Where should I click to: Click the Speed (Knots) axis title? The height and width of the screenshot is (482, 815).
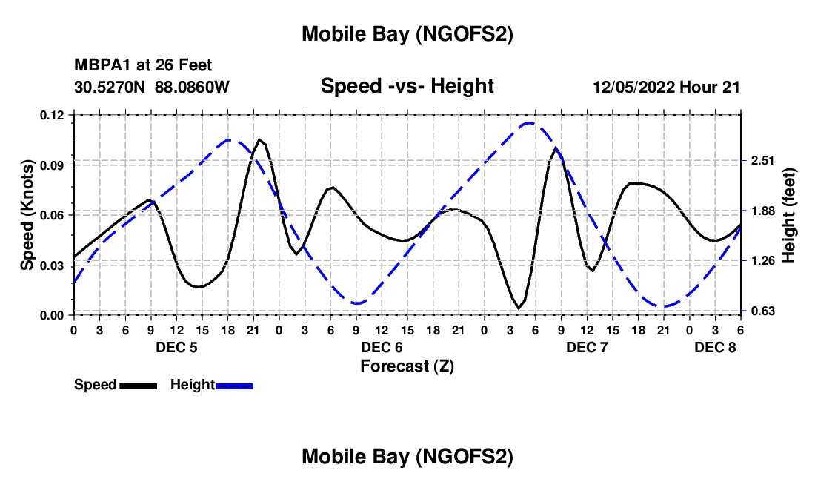pos(27,215)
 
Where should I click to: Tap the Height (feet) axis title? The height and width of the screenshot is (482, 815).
pos(788,215)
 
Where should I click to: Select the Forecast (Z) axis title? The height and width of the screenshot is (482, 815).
pos(407,366)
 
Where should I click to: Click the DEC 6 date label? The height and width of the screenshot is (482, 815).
pos(382,347)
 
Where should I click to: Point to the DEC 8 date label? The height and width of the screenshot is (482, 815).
pos(715,347)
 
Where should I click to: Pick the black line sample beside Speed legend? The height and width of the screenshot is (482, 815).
pos(138,385)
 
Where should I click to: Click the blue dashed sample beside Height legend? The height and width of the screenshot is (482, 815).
pos(235,385)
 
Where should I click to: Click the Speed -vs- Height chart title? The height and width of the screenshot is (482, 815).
pos(407,86)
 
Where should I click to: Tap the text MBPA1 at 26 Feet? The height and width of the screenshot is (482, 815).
pos(143,66)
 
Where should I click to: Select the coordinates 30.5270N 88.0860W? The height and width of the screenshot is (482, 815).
pos(152,87)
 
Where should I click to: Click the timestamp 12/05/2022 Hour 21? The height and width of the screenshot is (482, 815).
pos(666,87)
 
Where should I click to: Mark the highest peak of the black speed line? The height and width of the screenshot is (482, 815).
pos(259,139)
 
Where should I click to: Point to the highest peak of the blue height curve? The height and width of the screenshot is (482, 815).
pos(529,123)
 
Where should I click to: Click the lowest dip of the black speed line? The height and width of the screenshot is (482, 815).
pos(517,308)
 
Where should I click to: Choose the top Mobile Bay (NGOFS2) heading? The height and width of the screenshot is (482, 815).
pos(407,34)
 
